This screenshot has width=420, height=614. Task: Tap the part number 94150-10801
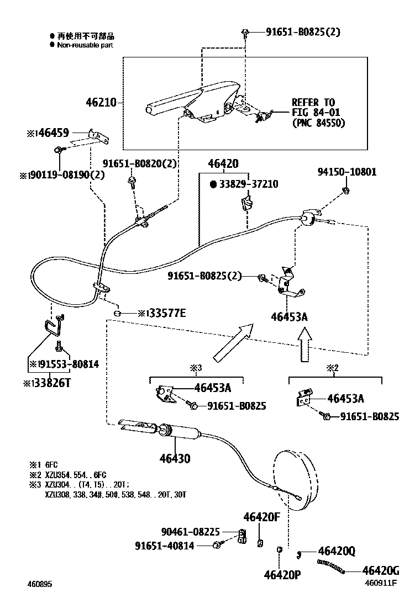(x=347, y=172)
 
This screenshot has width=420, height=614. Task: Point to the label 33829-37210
(x=248, y=184)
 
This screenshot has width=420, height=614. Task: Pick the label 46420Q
(x=336, y=551)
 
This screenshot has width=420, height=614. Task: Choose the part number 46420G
(x=380, y=570)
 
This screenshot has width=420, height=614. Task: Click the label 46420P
(x=282, y=575)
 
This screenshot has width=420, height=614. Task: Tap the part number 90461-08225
(x=190, y=532)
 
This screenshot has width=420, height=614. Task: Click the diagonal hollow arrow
(x=232, y=342)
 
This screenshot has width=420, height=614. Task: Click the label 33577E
(x=165, y=314)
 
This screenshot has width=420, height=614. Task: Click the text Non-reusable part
(x=85, y=45)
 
